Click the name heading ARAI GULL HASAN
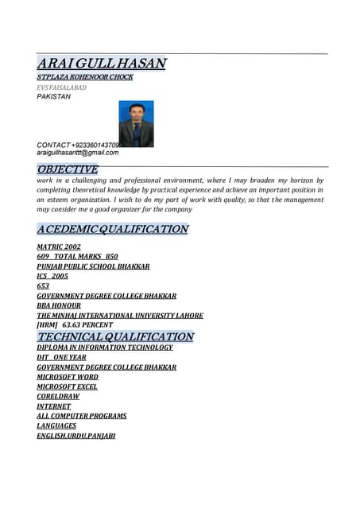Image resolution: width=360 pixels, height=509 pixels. tap(101, 63)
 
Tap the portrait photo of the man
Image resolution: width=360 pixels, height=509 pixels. tap(136, 123)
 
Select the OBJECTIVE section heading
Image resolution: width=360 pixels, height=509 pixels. tap(68, 169)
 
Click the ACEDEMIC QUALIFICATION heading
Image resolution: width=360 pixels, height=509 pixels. tap(112, 229)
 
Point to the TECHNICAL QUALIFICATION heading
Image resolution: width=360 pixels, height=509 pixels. tap(115, 336)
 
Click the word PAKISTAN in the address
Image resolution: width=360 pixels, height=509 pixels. tap(53, 97)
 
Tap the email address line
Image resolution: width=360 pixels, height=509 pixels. tap(77, 153)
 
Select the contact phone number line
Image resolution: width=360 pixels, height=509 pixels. tap(78, 145)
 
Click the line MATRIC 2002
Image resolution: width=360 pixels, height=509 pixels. tap(59, 247)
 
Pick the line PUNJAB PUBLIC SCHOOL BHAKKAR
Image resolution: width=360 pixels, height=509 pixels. tap(93, 266)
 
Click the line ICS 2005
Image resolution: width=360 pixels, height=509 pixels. tap(52, 276)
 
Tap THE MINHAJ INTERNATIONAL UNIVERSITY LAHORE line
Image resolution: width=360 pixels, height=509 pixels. tap(120, 316)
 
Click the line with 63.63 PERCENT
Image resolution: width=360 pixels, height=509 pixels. tap(75, 325)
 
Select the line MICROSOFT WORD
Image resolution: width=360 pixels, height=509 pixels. tap(68, 377)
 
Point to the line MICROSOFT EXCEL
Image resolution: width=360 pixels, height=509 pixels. tap(68, 387)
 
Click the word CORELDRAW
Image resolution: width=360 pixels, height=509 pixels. tap(58, 396)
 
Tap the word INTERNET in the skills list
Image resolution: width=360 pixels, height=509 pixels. tap(53, 406)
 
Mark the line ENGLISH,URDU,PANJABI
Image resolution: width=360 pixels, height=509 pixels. tap(75, 436)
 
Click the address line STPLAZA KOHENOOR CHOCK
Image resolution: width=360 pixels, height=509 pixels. tap(85, 77)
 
